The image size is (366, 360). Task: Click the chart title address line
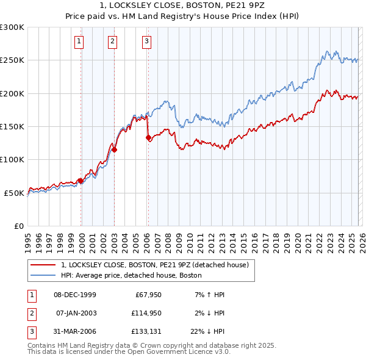click(x=182, y=5)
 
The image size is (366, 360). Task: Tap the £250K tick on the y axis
click(x=12, y=60)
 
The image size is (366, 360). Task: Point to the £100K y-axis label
click(x=12, y=160)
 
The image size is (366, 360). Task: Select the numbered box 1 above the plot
click(x=80, y=41)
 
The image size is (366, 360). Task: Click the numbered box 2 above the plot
click(x=113, y=41)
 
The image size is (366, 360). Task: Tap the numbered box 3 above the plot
click(x=147, y=41)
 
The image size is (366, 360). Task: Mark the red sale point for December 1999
click(x=81, y=181)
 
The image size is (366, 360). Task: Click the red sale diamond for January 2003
click(x=114, y=149)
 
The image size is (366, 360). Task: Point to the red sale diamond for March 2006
click(x=148, y=138)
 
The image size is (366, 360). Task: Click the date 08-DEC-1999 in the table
click(x=75, y=295)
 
